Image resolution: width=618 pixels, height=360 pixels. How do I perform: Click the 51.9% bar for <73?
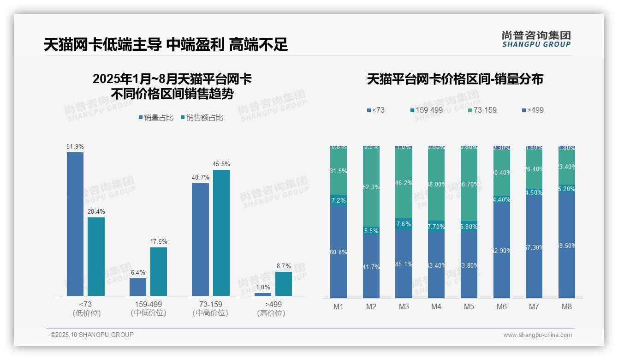(75, 224)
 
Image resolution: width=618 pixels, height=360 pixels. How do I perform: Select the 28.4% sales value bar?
(96, 256)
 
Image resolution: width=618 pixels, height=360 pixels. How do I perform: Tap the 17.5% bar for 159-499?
(159, 271)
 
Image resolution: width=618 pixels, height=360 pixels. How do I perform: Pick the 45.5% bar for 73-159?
(221, 233)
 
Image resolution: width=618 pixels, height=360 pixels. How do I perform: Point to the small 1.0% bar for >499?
(263, 294)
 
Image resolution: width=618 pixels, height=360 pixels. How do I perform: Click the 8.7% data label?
(284, 266)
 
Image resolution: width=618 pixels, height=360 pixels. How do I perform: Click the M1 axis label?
(339, 306)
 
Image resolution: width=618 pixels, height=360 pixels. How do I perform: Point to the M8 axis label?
(567, 306)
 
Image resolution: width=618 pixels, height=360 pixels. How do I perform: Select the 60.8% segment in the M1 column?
(339, 252)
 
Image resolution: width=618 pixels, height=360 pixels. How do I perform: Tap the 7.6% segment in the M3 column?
(404, 224)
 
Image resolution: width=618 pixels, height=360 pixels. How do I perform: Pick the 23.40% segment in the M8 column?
(567, 167)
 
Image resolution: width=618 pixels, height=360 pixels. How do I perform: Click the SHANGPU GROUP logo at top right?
(536, 39)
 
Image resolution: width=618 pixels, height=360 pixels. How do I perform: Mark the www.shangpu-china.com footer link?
(537, 335)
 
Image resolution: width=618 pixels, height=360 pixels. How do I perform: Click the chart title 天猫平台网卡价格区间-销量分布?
(455, 79)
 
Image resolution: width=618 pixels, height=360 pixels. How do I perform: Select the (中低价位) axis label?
(148, 313)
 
